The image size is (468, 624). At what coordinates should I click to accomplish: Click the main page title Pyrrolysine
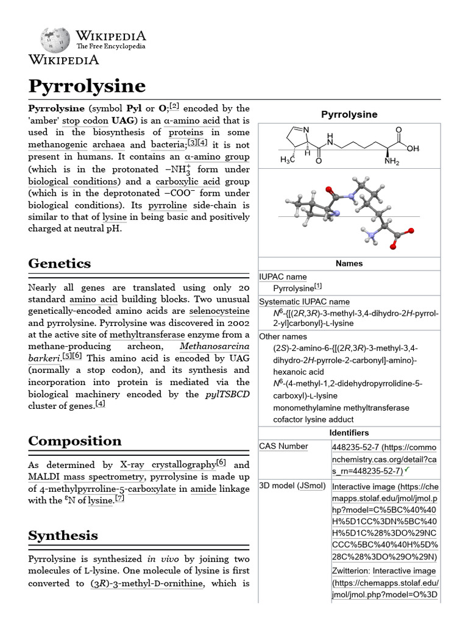click(87, 86)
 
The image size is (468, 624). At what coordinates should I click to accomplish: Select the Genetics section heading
click(60, 263)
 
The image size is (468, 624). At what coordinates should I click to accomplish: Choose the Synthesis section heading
click(63, 536)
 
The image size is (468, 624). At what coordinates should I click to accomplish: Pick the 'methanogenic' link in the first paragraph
click(57, 145)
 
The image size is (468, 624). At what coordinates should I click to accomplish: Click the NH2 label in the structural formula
click(392, 162)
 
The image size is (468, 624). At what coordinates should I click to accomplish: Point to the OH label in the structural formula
click(413, 148)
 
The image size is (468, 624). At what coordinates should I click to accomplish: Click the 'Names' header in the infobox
click(349, 263)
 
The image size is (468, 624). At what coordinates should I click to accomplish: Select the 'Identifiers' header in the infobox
click(349, 433)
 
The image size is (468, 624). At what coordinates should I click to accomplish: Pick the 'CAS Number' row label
click(283, 446)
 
